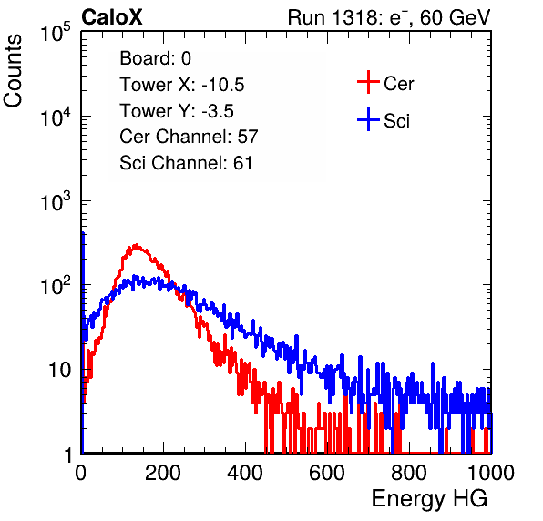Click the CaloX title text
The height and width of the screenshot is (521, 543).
pos(112,17)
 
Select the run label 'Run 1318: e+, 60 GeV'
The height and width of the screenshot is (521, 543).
pos(389,17)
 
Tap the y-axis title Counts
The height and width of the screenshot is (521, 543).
pos(13,71)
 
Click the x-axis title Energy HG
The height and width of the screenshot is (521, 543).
pos(429,498)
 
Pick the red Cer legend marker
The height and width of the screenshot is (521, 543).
pos(368,82)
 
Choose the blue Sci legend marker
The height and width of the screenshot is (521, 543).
pos(368,119)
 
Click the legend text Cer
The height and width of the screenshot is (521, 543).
pos(398,84)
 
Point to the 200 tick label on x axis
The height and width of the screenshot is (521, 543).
pos(163,473)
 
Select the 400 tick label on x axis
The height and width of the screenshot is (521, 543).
pos(245,473)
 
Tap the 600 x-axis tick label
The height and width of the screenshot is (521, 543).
pos(327,473)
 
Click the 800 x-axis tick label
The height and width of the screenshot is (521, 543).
pos(409,473)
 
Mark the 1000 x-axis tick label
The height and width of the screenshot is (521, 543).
pos(491,473)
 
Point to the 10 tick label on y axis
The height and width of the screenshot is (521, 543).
pos(60,370)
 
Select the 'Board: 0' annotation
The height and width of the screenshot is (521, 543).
pos(155,58)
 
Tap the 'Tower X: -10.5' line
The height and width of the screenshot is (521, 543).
pos(182,85)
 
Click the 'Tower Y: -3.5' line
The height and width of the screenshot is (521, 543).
pos(177,111)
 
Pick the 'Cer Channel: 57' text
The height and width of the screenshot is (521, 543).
pos(189,137)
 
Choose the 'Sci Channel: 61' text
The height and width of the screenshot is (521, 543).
pos(186,163)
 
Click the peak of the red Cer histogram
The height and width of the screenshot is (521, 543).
pos(136,245)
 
